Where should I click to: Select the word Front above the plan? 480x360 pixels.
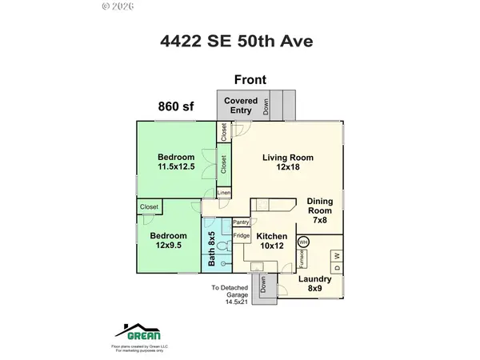pos(250,79)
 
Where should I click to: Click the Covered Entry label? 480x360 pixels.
pos(240,106)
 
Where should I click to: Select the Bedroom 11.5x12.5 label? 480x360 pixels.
pos(176,162)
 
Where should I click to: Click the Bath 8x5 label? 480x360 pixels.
pos(212,248)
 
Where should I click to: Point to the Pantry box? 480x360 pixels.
pos(242,222)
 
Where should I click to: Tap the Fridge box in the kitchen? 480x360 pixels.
pos(242,236)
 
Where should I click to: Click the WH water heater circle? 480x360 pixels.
pos(303,242)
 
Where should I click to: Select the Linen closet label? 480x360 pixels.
pos(224,193)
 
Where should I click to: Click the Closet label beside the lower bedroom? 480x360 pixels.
pos(150,207)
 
